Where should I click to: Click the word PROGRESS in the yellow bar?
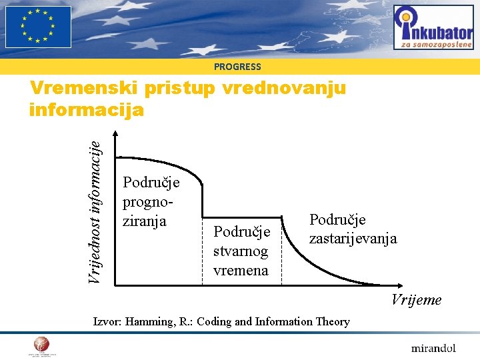237,67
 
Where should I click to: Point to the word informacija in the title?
87,109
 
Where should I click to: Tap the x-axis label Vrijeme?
416,300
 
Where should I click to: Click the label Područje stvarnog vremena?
241,251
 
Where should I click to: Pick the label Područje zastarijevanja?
353,229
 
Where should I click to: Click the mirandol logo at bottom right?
433,347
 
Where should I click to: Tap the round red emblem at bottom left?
41,345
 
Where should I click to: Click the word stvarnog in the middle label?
241,251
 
